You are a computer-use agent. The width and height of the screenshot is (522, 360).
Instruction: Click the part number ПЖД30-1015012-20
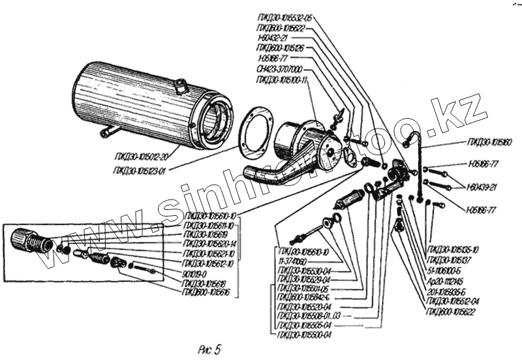(141, 156)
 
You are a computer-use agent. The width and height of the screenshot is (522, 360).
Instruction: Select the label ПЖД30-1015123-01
(141, 172)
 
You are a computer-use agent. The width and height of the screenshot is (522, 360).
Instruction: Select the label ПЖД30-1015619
(206, 233)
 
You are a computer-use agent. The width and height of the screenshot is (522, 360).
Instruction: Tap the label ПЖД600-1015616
(208, 293)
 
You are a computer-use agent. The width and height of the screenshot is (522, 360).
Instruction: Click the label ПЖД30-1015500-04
(305, 334)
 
